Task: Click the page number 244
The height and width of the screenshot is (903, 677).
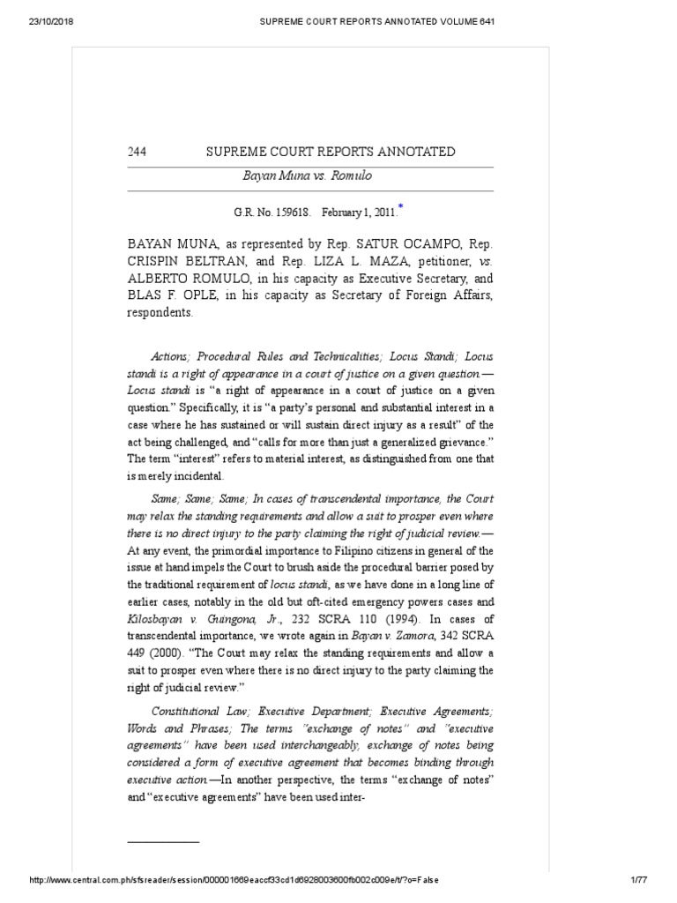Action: [137, 152]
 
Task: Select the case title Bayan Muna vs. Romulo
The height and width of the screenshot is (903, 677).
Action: [307, 175]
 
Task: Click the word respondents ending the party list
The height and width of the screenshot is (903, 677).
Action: [160, 313]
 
